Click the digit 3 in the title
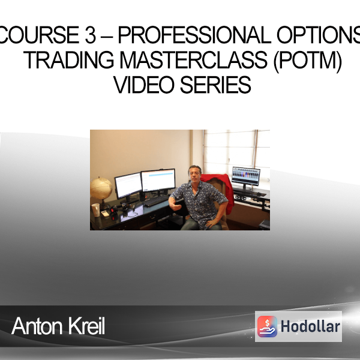pos(90,35)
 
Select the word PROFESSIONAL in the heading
pos(194,35)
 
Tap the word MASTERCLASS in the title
pos(194,59)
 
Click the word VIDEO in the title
pos(144,85)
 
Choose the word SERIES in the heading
pos(215,85)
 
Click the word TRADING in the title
pos(68,59)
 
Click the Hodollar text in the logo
pos(310,326)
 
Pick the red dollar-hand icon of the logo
pos(267,326)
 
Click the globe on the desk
pos(101,188)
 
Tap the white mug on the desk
pos(96,210)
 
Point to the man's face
pos(194,174)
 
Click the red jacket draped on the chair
pos(220,191)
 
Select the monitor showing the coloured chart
pos(246,176)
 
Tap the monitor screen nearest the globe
pos(128,185)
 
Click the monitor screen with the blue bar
pos(158,180)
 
